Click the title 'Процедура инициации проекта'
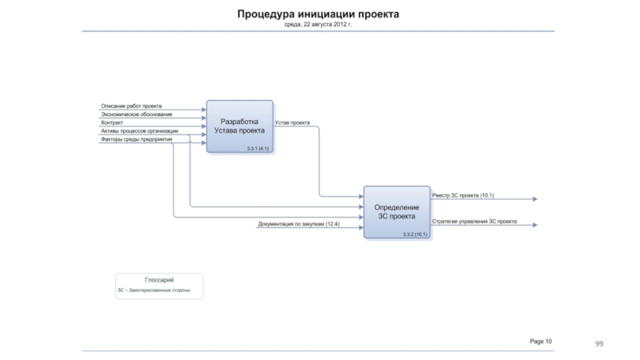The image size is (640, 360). click(x=318, y=14)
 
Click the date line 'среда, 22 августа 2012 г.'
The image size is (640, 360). click(x=318, y=25)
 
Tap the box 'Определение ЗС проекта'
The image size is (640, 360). click(x=397, y=211)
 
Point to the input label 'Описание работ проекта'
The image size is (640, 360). click(x=131, y=106)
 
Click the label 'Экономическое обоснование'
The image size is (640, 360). click(x=136, y=114)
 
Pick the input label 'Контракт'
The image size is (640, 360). click(x=112, y=122)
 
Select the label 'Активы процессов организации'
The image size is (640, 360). click(x=139, y=130)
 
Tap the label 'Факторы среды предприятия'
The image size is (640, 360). click(x=136, y=139)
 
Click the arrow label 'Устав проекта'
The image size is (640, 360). click(x=293, y=122)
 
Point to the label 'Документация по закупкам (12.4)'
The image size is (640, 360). click(x=298, y=224)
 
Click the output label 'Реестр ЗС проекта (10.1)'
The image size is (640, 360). click(x=463, y=195)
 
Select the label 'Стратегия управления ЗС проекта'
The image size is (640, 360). click(x=474, y=221)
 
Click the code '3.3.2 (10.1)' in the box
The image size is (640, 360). click(x=415, y=234)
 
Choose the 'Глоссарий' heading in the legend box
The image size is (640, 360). click(x=159, y=279)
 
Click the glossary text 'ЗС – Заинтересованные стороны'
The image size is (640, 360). click(x=154, y=290)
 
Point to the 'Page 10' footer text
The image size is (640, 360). click(x=541, y=342)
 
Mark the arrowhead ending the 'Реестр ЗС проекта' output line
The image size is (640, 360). click(x=534, y=199)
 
